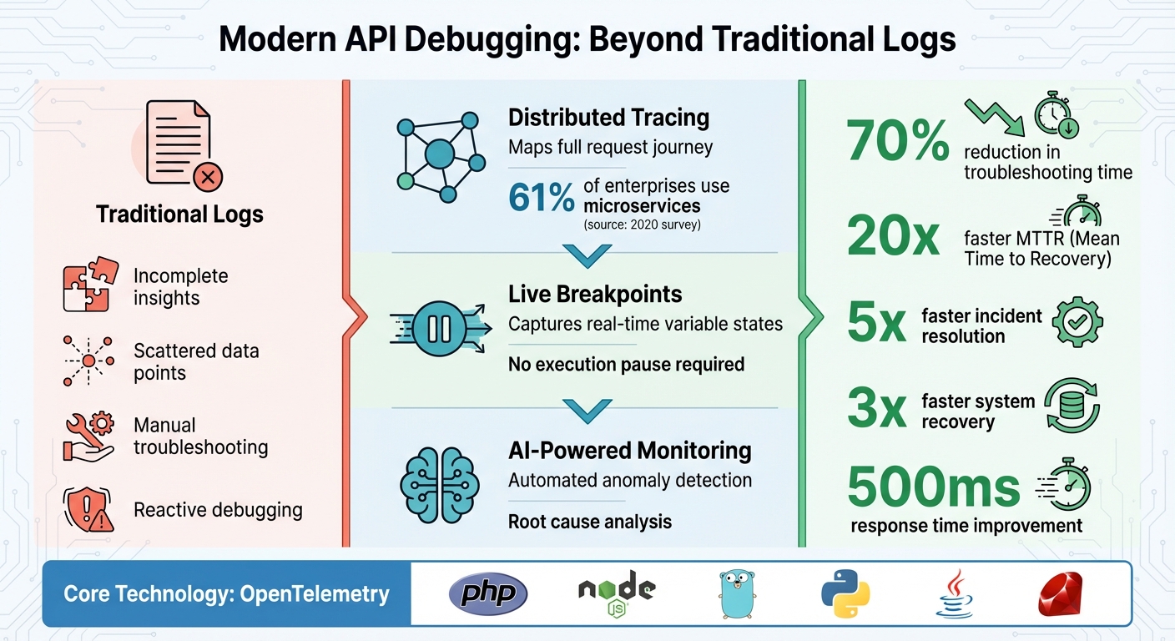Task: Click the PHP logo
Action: (x=488, y=593)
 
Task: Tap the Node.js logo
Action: (x=616, y=593)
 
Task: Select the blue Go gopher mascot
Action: (x=735, y=593)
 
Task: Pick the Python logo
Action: (x=846, y=593)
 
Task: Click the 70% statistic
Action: (x=897, y=139)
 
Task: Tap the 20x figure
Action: (x=894, y=237)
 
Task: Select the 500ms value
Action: (x=933, y=487)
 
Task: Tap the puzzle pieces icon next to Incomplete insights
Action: (x=86, y=285)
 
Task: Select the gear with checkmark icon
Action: (x=1077, y=321)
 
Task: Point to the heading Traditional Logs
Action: (x=179, y=215)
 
